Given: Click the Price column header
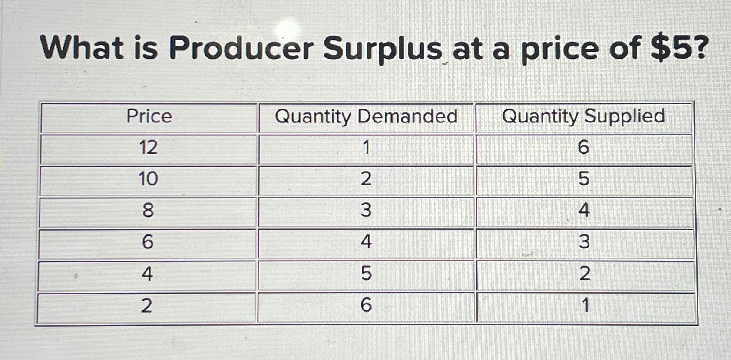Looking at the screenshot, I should (x=149, y=116).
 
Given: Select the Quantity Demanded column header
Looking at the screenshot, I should (x=366, y=116).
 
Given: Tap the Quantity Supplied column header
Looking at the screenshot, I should (x=583, y=116).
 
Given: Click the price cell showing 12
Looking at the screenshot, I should (x=148, y=148).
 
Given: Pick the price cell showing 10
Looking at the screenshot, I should (x=148, y=179).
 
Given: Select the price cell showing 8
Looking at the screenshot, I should (x=148, y=211).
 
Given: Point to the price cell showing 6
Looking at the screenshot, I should (x=148, y=242).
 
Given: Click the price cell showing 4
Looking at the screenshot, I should (x=147, y=274).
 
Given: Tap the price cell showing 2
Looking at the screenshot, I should (x=147, y=306).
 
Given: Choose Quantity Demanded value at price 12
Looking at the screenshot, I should (x=366, y=148).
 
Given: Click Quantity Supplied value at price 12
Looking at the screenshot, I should (x=583, y=148).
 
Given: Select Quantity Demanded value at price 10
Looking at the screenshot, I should (x=366, y=179).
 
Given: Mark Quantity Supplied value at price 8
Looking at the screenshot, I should (x=584, y=211).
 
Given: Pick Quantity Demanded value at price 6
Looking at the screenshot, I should (x=366, y=242).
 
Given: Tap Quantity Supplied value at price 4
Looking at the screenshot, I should (x=585, y=274).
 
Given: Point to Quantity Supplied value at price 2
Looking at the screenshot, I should (x=585, y=306).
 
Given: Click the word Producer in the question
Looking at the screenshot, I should (x=241, y=49).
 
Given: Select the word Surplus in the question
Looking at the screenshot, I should (x=382, y=49).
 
